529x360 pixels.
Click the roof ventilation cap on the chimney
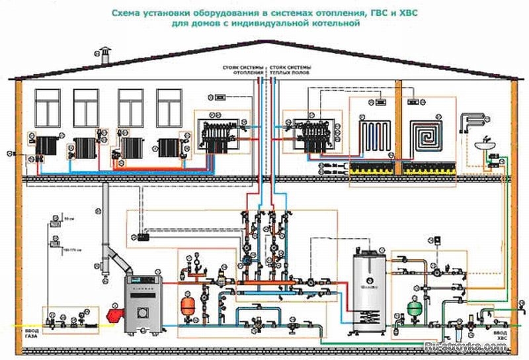click(104, 51)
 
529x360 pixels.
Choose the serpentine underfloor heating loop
click(374, 136)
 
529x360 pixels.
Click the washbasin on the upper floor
click(485, 145)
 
